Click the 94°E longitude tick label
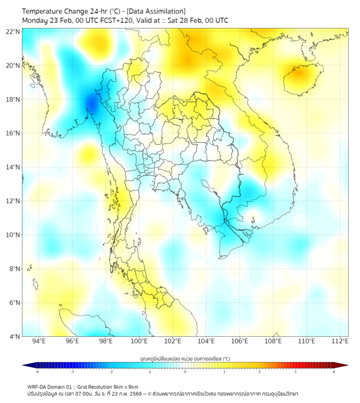point(39,342)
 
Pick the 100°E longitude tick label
point(140,342)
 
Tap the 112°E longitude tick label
point(340,342)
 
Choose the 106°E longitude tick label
point(240,342)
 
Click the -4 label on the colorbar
point(36,372)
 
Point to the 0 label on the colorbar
point(185,372)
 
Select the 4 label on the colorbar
point(333,372)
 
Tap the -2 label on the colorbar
point(110,372)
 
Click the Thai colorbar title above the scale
point(185,359)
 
